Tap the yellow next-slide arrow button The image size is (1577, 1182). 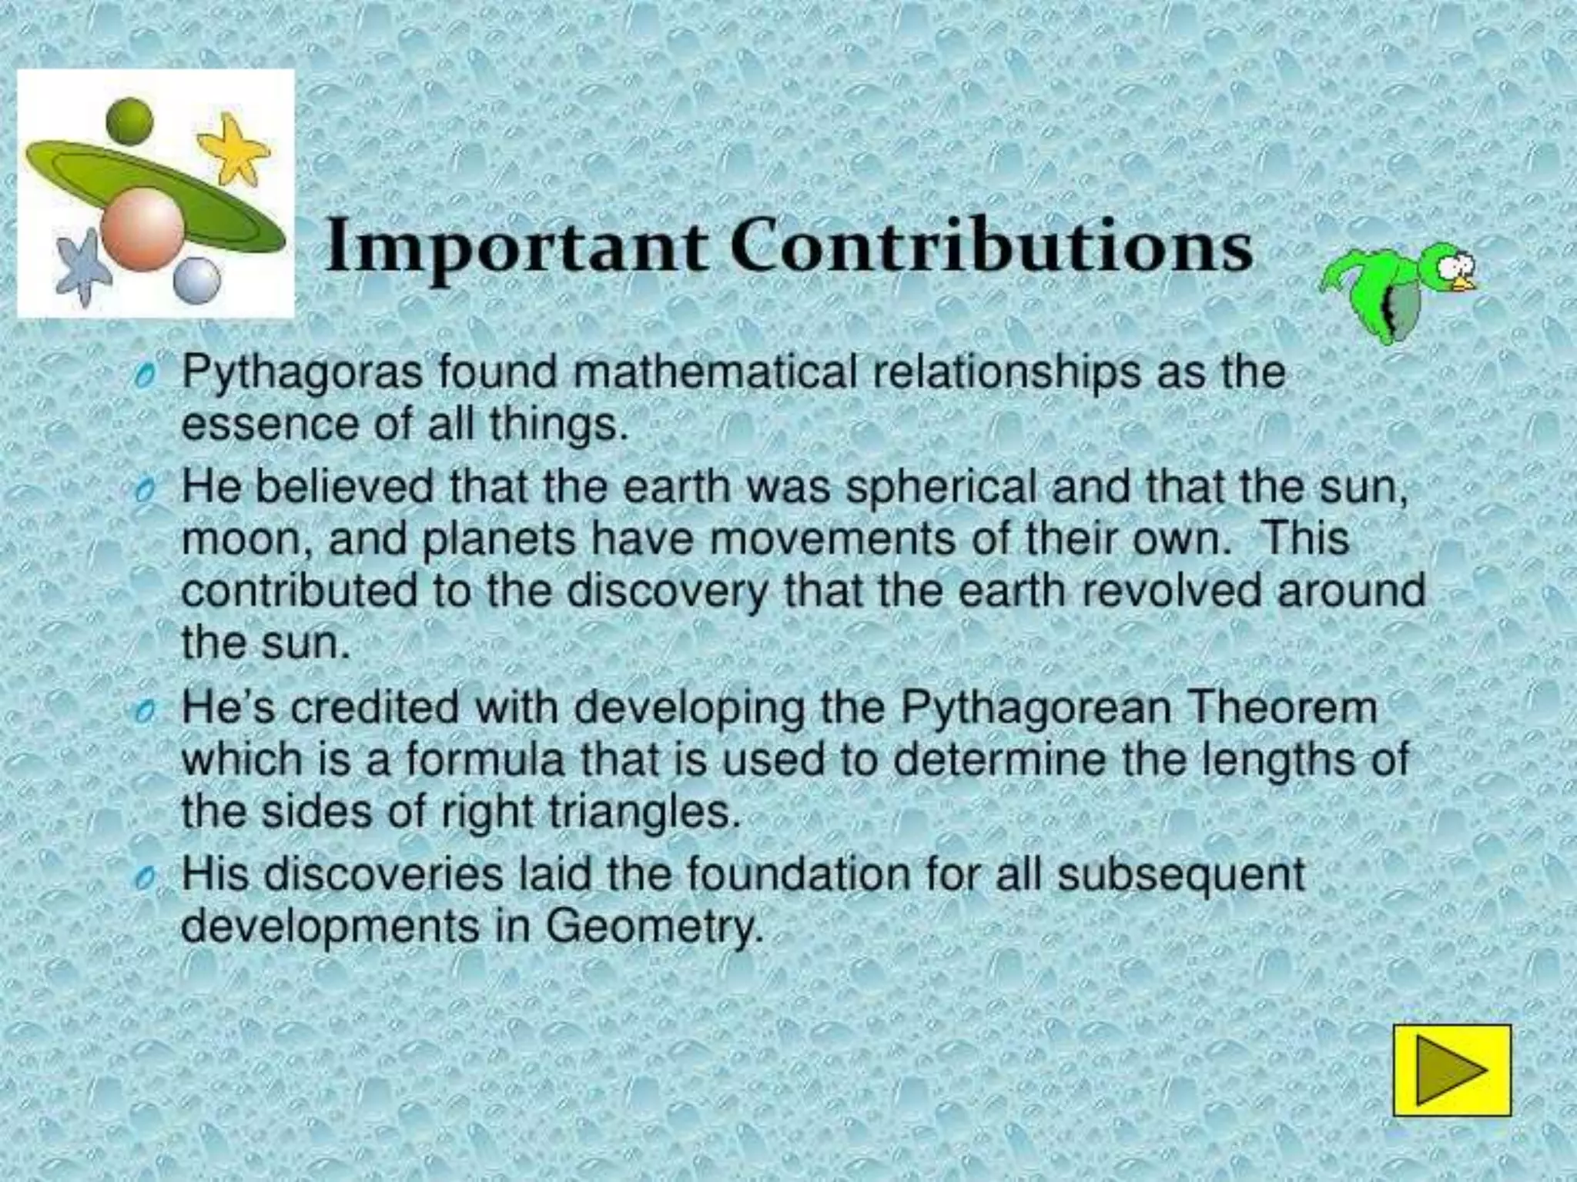pyautogui.click(x=1452, y=1070)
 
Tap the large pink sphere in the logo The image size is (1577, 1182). pyautogui.click(x=143, y=227)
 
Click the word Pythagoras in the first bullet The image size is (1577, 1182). pyautogui.click(x=302, y=374)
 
